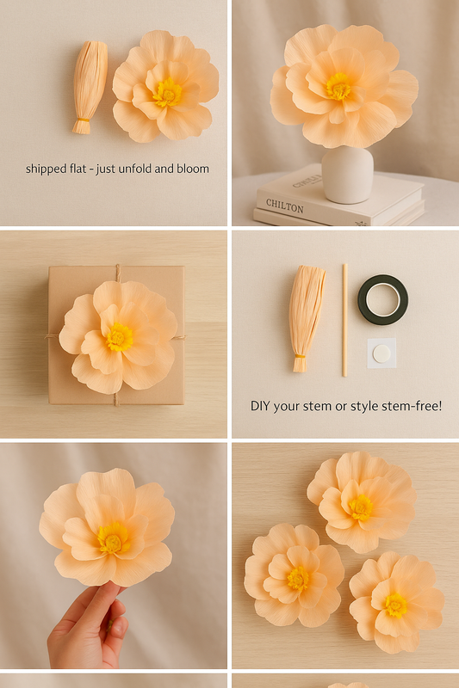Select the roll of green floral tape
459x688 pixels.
382,299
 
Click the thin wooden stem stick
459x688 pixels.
344,320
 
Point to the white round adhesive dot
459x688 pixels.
381,353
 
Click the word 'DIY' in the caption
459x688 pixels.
261,405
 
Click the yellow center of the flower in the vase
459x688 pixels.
338,86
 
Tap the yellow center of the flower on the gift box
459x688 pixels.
119,336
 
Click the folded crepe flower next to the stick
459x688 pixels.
306,314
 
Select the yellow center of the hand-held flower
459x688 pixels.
110,538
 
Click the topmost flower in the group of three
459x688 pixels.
361,502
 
